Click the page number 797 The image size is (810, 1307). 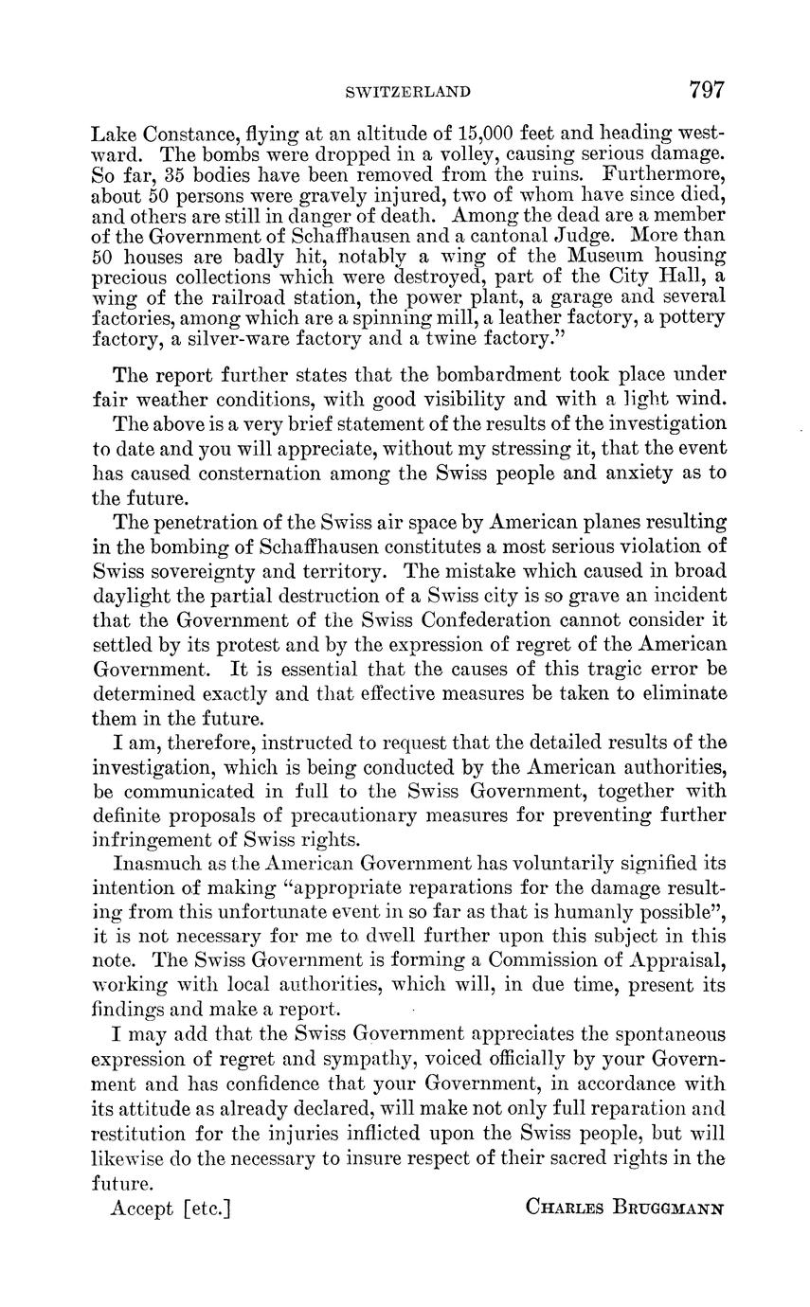pos(707,90)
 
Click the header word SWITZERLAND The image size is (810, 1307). pos(408,92)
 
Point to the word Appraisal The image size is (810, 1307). pos(677,959)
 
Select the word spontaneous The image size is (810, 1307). pos(659,1033)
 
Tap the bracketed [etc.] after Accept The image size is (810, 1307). pos(208,1208)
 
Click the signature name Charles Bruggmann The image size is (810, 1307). pos(624,1209)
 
